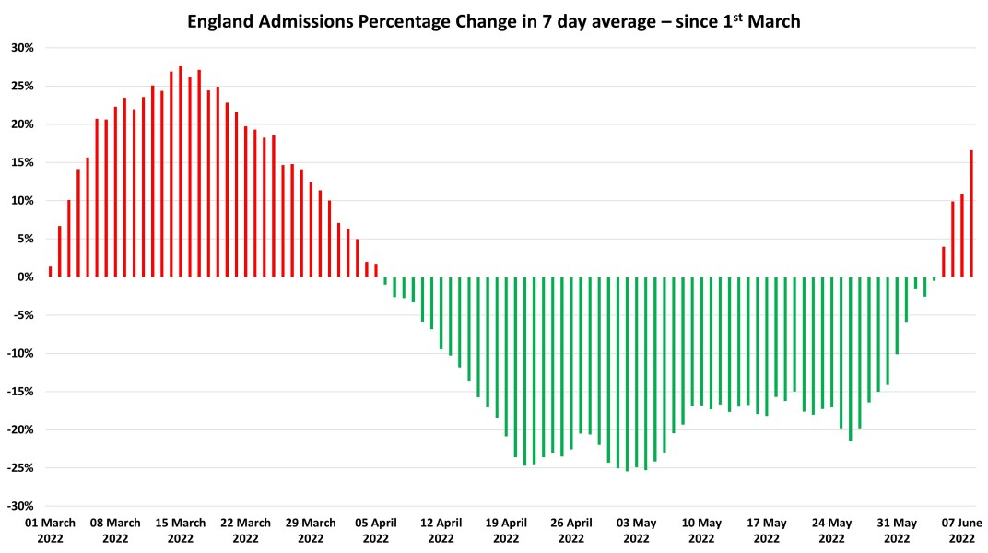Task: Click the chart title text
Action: pyautogui.click(x=494, y=21)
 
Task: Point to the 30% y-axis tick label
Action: pyautogui.click(x=22, y=48)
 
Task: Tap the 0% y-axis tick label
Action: pyautogui.click(x=25, y=276)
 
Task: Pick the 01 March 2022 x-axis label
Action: pyautogui.click(x=50, y=530)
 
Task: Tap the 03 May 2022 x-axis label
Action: pyautogui.click(x=636, y=530)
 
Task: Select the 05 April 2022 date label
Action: pyautogui.click(x=376, y=530)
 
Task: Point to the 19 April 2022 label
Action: pyautogui.click(x=506, y=530)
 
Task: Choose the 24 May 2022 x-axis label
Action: pyautogui.click(x=831, y=530)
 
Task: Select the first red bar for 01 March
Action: pyautogui.click(x=50, y=272)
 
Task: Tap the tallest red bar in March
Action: pyautogui.click(x=181, y=171)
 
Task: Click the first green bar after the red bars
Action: pyautogui.click(x=385, y=280)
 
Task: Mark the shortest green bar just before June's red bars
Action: pyautogui.click(x=934, y=278)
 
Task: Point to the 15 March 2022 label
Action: pyautogui.click(x=181, y=530)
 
